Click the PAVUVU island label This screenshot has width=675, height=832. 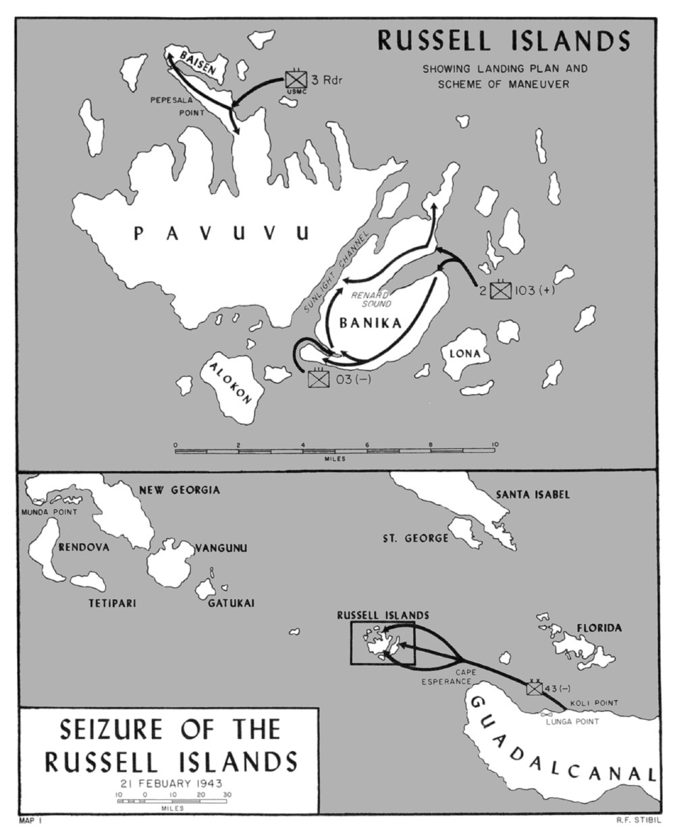221,234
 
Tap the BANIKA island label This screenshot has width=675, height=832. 371,323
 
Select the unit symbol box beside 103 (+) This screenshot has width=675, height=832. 500,290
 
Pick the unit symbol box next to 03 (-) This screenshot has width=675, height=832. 318,379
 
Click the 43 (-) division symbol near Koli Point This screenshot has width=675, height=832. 535,688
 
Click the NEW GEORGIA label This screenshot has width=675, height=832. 179,490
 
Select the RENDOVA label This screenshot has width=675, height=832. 84,547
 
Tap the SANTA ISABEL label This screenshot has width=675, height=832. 533,495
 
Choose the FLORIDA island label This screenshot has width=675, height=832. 599,628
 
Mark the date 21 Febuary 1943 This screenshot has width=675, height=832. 171,783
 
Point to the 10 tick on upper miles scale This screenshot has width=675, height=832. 495,445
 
